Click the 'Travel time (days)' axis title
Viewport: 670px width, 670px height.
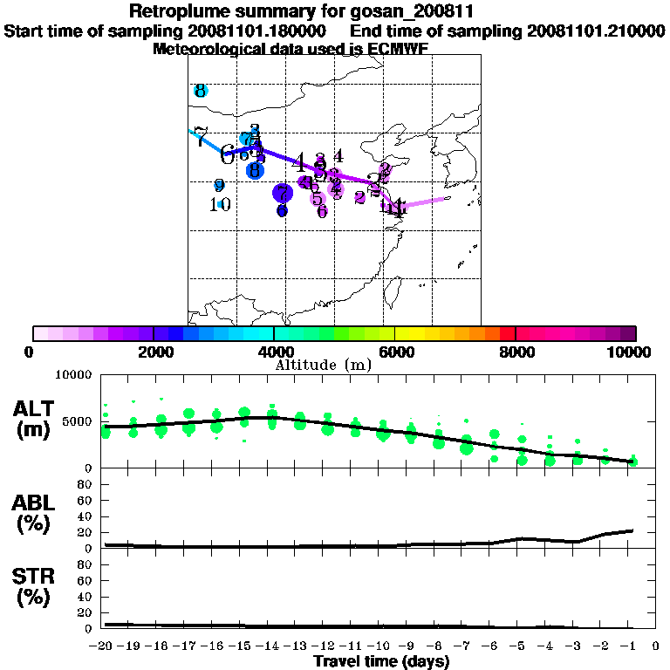[x=381, y=661]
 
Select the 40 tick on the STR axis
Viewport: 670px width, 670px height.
[x=87, y=597]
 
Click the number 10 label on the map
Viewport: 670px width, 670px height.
[x=220, y=204]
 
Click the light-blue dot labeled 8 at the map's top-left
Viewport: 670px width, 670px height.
[x=200, y=91]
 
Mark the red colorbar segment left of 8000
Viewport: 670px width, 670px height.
[x=508, y=333]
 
